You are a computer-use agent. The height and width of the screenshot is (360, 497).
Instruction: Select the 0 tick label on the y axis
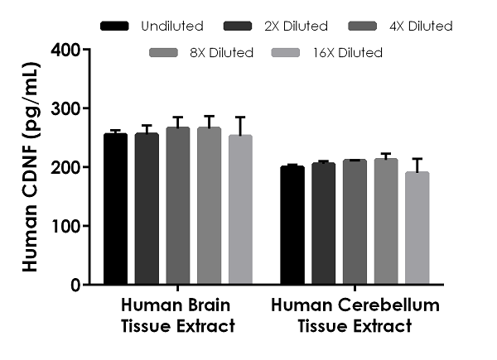(x=75, y=285)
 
